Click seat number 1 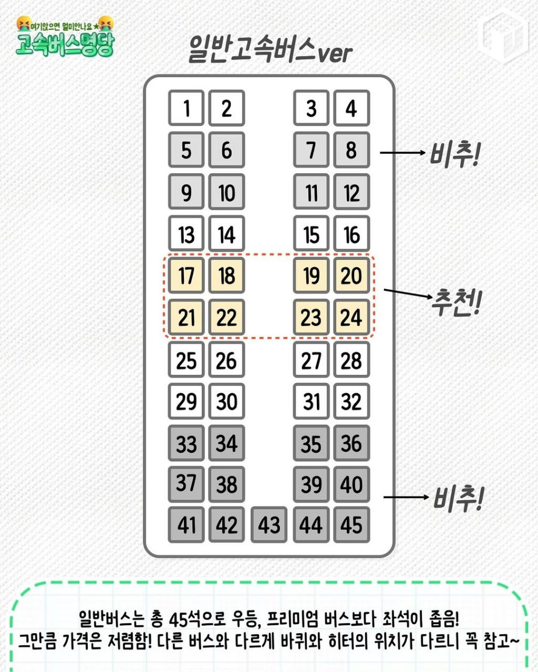pyautogui.click(x=186, y=108)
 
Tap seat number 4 pyautogui.click(x=351, y=108)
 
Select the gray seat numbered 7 pyautogui.click(x=312, y=150)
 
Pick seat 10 pyautogui.click(x=226, y=192)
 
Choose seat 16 pyautogui.click(x=351, y=233)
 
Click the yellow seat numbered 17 pyautogui.click(x=186, y=275)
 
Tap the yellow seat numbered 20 pyautogui.click(x=351, y=275)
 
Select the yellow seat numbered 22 pyautogui.click(x=226, y=317)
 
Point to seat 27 pyautogui.click(x=312, y=359)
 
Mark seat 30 pyautogui.click(x=226, y=401)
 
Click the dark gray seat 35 pyautogui.click(x=312, y=443)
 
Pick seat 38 pyautogui.click(x=226, y=485)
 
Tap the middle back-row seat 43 pyautogui.click(x=269, y=524)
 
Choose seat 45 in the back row pyautogui.click(x=351, y=524)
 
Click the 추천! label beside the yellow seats pyautogui.click(x=456, y=302)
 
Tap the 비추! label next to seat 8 pyautogui.click(x=454, y=154)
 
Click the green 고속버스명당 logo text pyautogui.click(x=65, y=46)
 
